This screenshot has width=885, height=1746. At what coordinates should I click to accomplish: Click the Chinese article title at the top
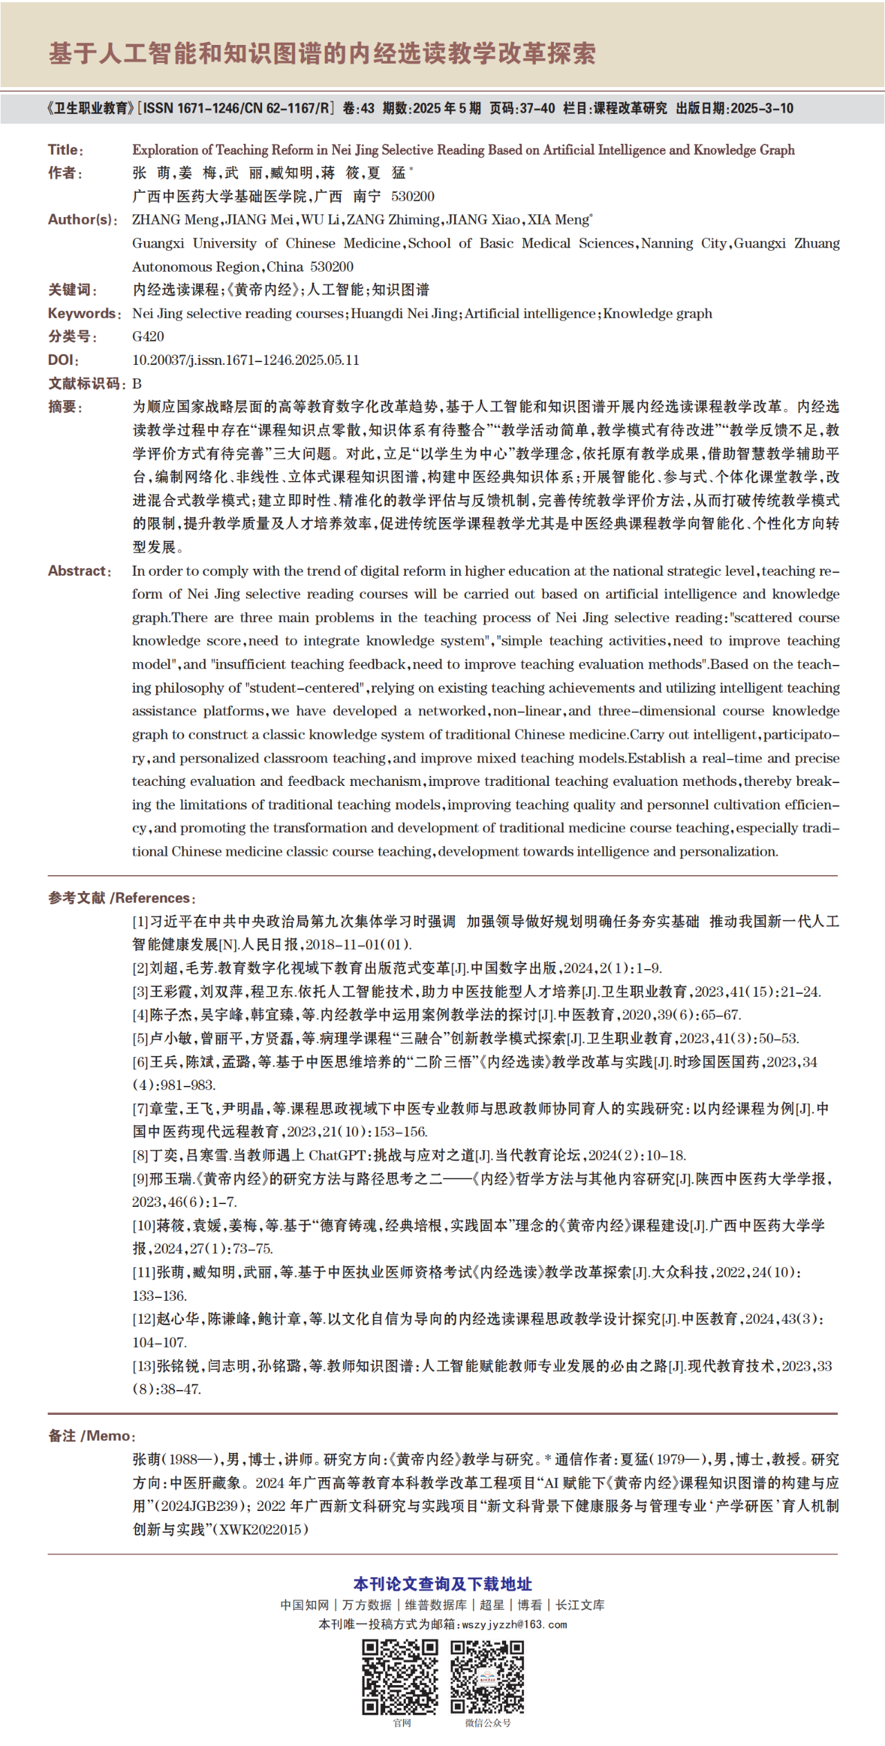pos(322,53)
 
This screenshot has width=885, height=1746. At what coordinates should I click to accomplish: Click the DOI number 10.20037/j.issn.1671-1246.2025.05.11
pos(245,360)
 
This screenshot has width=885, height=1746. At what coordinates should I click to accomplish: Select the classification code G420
pos(148,337)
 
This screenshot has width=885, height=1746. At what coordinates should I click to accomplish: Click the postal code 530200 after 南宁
pos(413,196)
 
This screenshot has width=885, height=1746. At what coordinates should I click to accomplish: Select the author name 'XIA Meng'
pos(559,220)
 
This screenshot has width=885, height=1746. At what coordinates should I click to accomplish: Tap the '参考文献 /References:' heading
pos(122,898)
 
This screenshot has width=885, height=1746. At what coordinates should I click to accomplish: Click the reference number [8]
pos(141,1155)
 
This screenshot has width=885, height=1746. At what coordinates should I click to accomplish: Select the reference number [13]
pos(144,1366)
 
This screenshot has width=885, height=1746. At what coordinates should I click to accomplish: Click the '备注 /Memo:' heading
pos(92,1436)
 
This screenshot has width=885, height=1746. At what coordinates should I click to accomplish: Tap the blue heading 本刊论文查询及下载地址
pos(442,1584)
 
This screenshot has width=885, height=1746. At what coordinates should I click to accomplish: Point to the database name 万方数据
pos(366,1605)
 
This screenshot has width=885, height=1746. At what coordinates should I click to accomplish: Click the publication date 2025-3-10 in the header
pos(762,109)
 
